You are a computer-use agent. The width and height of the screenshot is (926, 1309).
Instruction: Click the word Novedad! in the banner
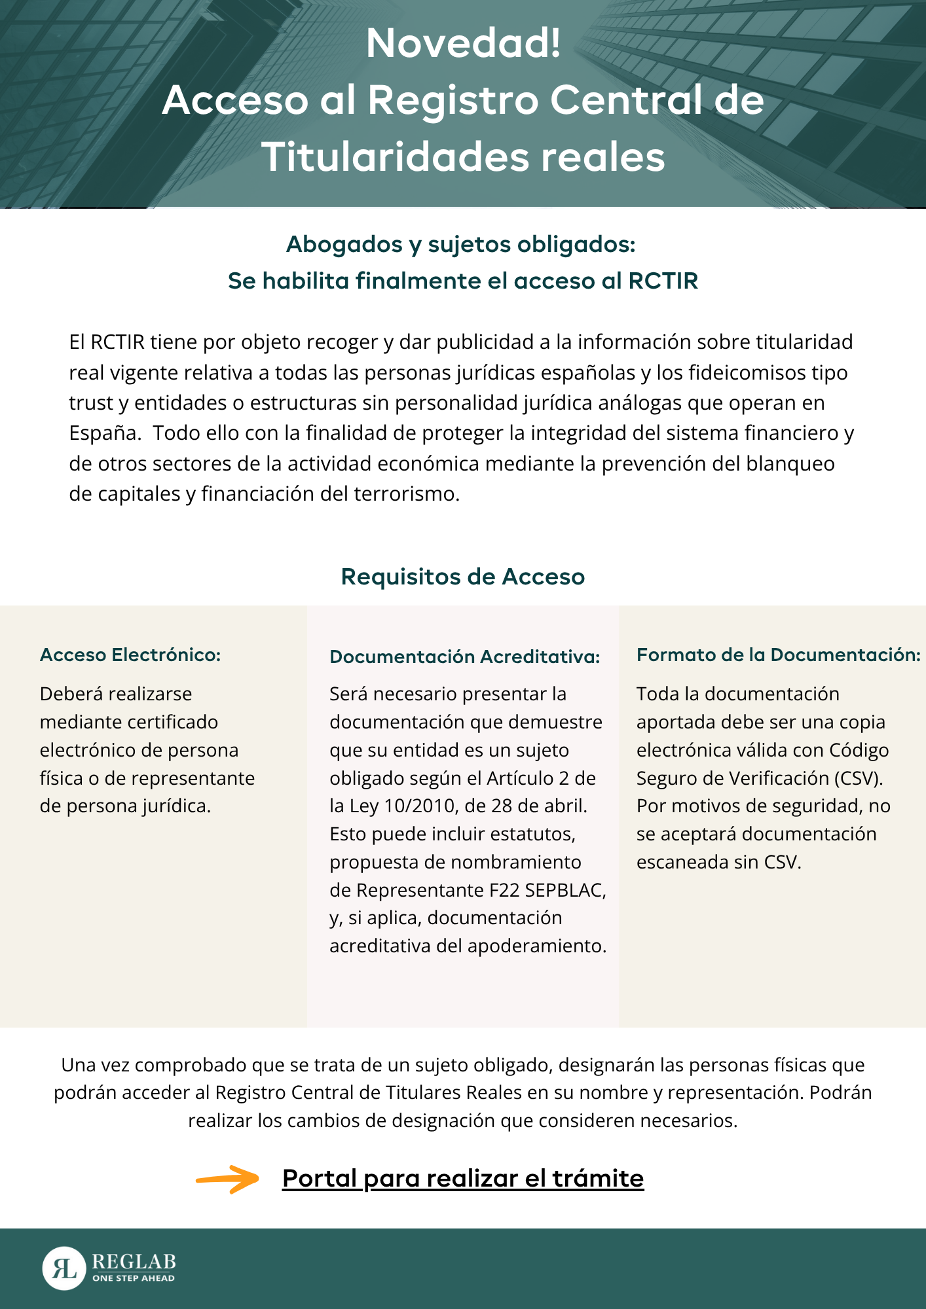[x=463, y=43]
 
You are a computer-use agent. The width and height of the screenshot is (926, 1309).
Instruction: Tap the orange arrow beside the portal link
[x=228, y=1179]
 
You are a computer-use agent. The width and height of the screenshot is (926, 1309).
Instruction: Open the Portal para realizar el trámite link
[x=463, y=1179]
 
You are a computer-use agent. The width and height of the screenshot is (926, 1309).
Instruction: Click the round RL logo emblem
[x=64, y=1268]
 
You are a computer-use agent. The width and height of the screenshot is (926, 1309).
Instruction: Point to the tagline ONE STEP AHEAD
[x=134, y=1278]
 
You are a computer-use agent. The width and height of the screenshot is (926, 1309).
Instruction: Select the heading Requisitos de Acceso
[x=463, y=577]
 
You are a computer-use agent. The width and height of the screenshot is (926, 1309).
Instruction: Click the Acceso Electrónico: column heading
[x=130, y=654]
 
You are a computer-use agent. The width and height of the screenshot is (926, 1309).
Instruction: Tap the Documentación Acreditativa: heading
[x=465, y=656]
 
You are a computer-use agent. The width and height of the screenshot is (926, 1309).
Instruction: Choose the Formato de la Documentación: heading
[x=779, y=654]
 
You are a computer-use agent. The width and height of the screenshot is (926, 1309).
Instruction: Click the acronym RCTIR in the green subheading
[x=663, y=281]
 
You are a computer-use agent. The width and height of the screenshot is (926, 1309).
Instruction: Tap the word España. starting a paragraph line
[x=105, y=433]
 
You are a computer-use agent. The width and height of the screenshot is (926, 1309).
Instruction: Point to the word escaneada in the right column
[x=682, y=862]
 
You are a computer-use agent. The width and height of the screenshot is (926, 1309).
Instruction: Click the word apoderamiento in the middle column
[x=539, y=946]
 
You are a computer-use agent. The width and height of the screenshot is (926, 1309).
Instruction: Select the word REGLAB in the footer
[x=134, y=1261]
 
